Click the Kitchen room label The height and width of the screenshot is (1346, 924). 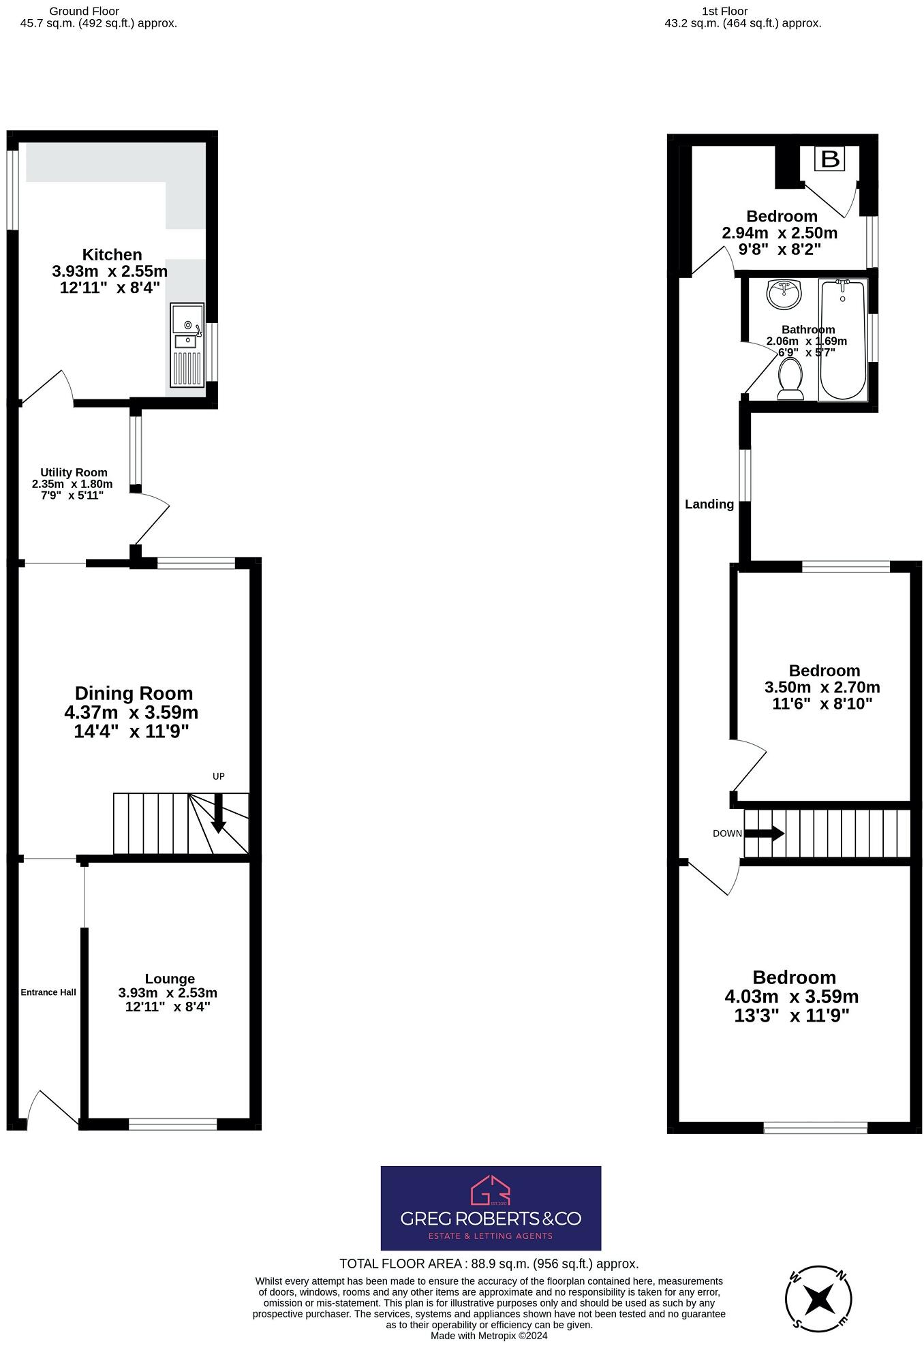[112, 255]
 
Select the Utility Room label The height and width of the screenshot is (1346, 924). [74, 472]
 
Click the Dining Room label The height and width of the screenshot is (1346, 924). [134, 693]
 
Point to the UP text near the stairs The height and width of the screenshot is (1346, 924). [219, 776]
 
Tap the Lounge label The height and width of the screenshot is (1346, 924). [170, 979]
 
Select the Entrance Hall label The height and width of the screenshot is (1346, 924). [48, 992]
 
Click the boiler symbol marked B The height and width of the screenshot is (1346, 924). [830, 159]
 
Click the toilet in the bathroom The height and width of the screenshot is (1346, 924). [790, 379]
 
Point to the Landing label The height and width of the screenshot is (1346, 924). [709, 504]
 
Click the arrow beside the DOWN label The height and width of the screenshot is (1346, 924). [764, 833]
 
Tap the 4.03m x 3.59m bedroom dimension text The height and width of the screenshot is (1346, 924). [791, 997]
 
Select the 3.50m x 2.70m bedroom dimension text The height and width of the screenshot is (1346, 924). [822, 687]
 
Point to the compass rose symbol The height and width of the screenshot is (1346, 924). [818, 1298]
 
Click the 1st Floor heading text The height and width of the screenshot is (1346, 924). [724, 11]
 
